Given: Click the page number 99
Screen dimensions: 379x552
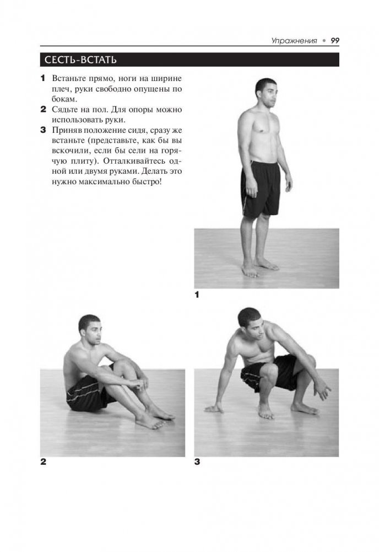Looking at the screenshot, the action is [335, 40].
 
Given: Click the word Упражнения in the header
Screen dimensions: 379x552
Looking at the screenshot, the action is [294, 41].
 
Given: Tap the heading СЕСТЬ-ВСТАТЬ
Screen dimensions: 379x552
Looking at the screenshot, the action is [80, 60].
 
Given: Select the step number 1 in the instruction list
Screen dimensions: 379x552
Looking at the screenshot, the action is [43, 78].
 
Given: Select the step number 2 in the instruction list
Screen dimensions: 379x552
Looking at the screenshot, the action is [44, 109].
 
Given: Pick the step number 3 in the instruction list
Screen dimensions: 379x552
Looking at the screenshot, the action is [44, 130].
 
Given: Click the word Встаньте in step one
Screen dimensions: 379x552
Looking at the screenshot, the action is [68, 78].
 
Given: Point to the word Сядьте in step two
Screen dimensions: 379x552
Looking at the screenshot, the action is [64, 110].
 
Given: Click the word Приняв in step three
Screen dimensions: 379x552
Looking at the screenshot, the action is [64, 130].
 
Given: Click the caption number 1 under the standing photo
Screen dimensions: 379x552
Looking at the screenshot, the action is [197, 295].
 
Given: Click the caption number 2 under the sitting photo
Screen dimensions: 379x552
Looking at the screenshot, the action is [44, 462].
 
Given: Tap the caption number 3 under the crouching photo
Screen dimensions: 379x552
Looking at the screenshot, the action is [197, 462].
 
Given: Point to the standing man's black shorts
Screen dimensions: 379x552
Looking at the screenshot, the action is [261, 189].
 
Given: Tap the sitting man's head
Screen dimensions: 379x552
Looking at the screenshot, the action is [90, 330].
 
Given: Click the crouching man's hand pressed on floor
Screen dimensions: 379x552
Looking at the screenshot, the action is [214, 409].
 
